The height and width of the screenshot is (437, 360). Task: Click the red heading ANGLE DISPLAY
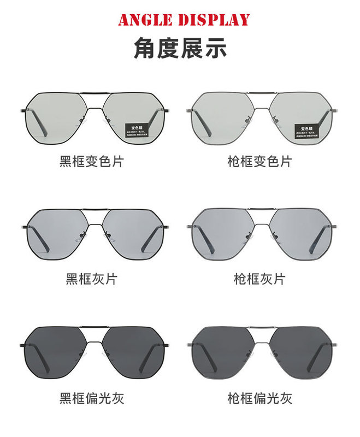point(184,20)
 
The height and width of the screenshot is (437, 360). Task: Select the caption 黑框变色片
point(91,162)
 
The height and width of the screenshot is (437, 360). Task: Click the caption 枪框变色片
point(259,162)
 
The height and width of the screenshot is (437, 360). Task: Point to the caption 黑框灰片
point(91,279)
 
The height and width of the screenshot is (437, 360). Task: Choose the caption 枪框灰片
point(259,279)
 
